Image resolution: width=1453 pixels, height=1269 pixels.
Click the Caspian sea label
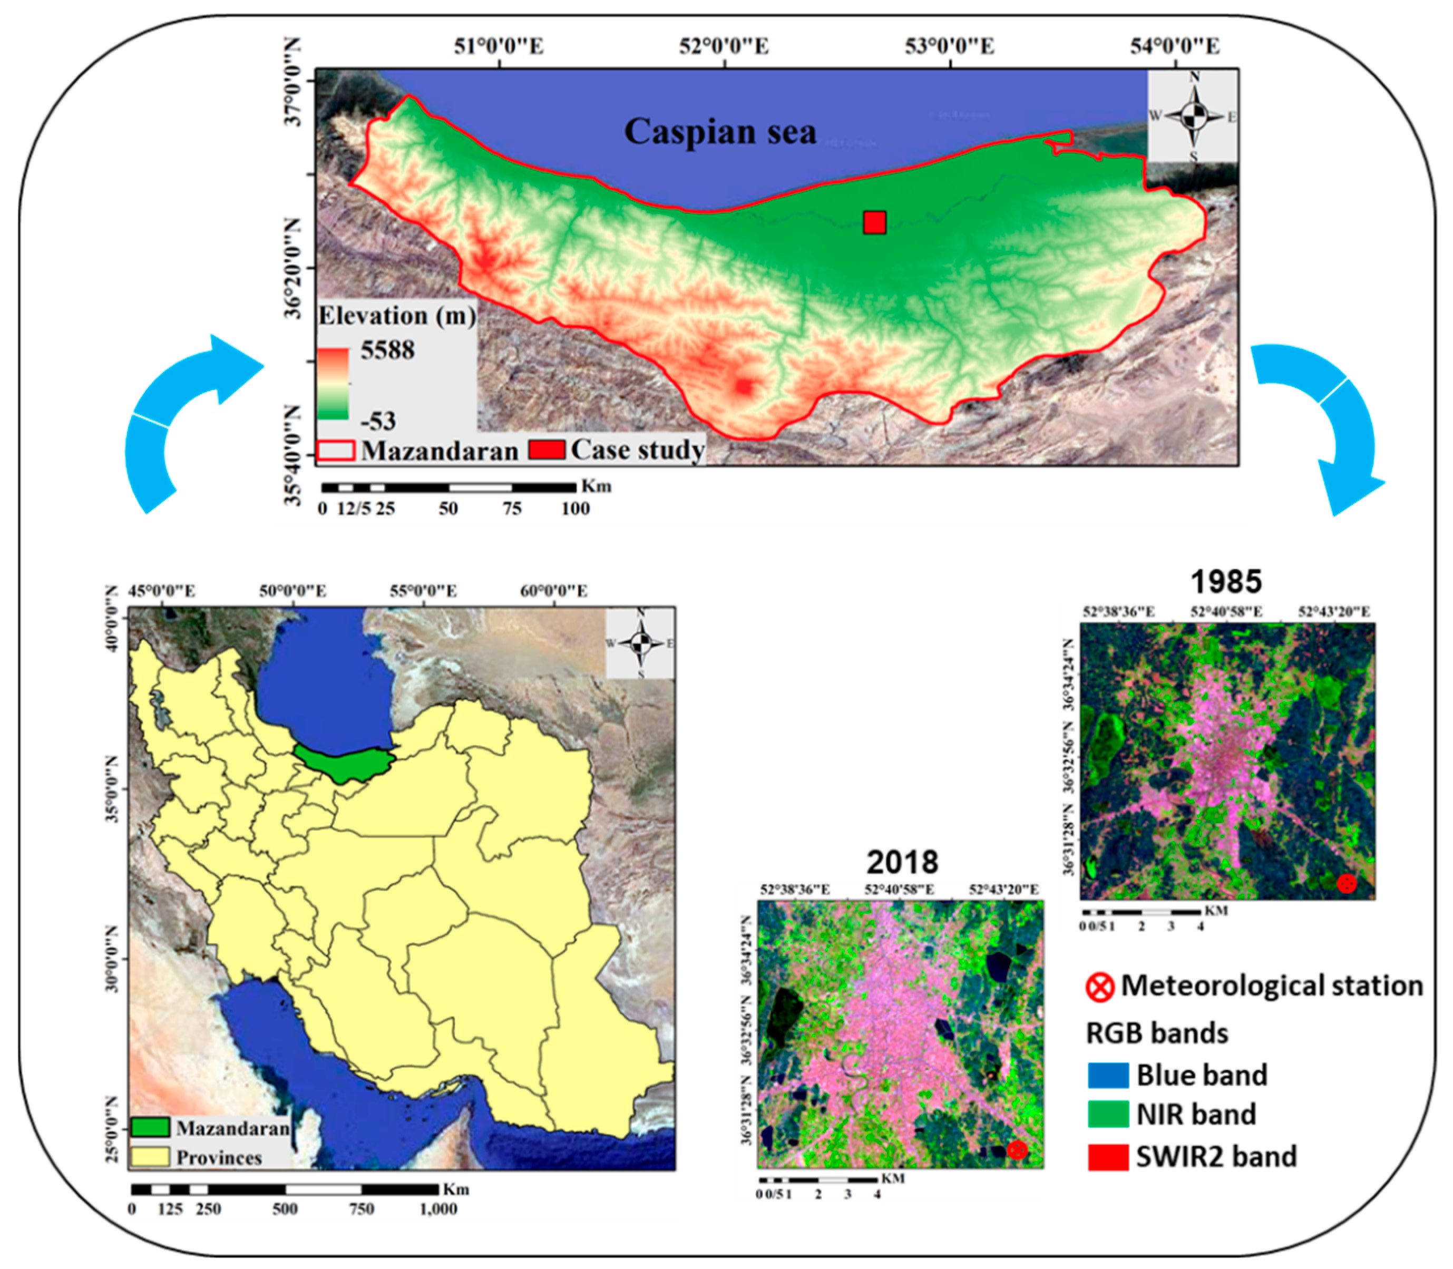pyautogui.click(x=719, y=132)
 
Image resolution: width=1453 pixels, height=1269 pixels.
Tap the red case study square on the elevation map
pyautogui.click(x=874, y=222)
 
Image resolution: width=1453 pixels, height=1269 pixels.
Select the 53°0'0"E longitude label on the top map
pyautogui.click(x=950, y=47)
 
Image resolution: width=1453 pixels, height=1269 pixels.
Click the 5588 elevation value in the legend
pyautogui.click(x=387, y=350)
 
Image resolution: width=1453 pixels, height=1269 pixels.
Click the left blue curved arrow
pyautogui.click(x=186, y=418)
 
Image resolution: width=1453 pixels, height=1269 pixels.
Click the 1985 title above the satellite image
pyautogui.click(x=1226, y=581)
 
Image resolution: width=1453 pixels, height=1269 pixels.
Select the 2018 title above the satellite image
pyautogui.click(x=902, y=862)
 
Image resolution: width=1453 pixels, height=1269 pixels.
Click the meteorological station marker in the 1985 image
pyautogui.click(x=1346, y=883)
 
